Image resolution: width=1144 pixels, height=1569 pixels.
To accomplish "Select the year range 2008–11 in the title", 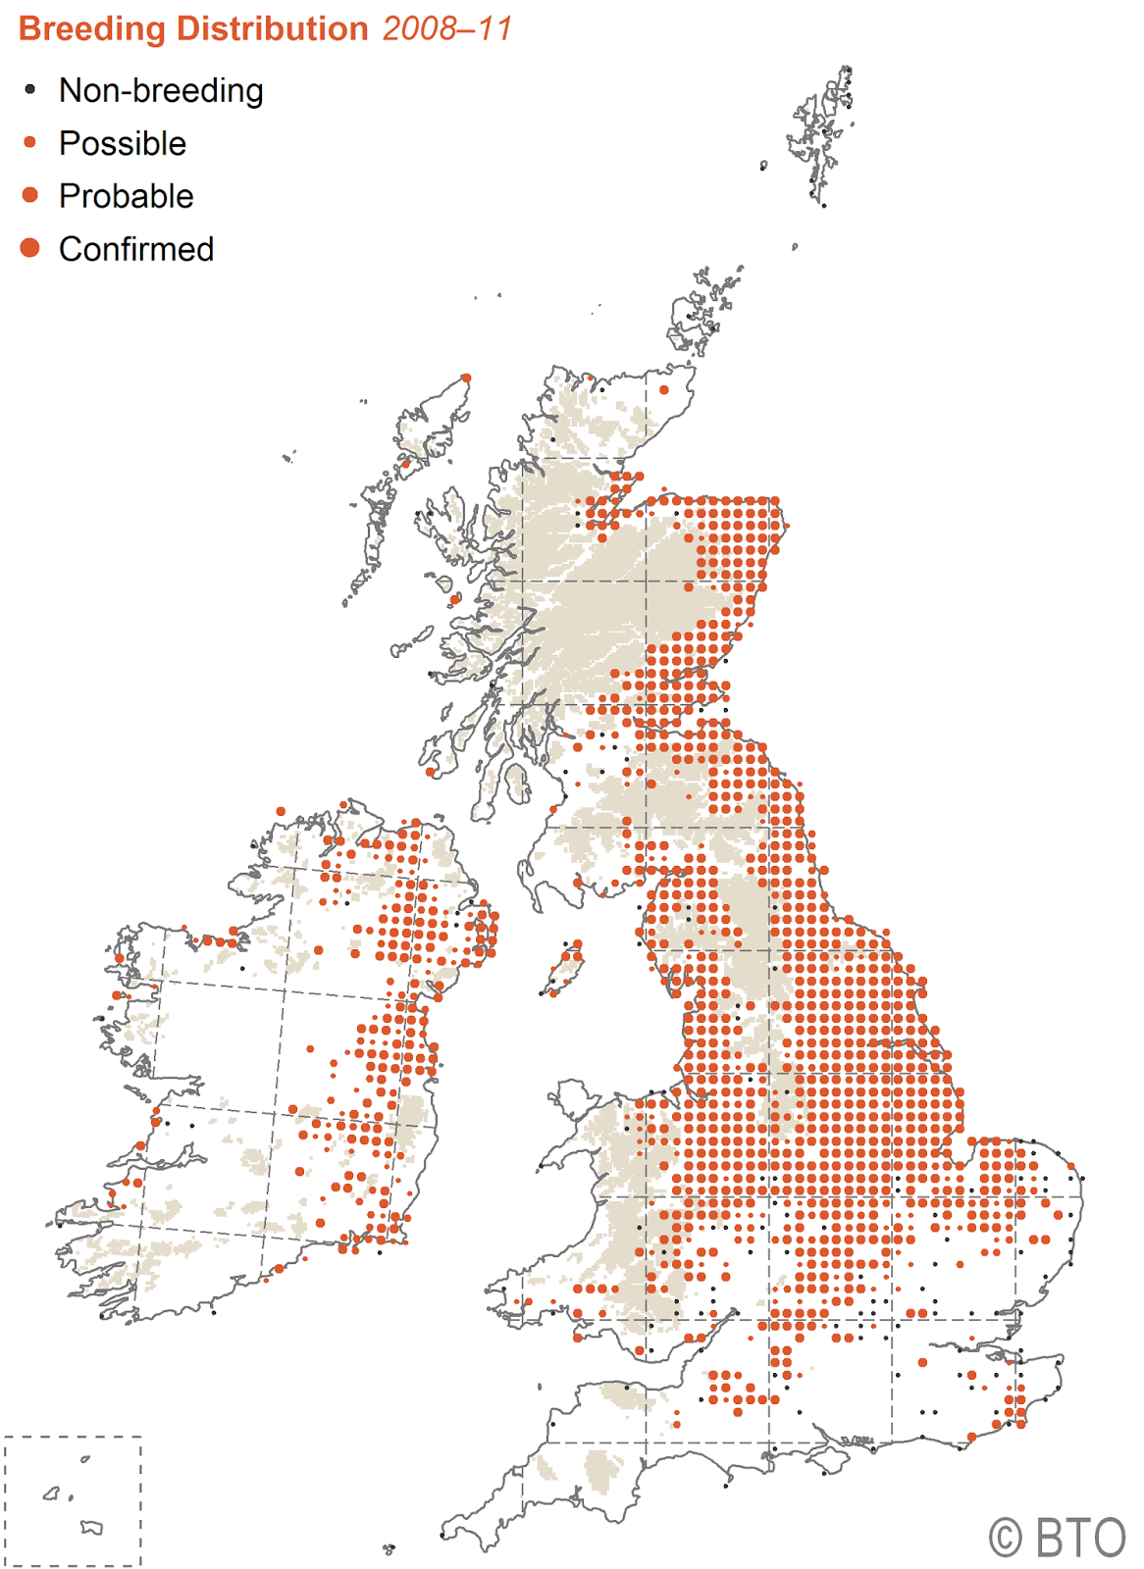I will [x=447, y=29].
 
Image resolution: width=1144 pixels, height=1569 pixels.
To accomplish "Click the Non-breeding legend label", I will [x=161, y=90].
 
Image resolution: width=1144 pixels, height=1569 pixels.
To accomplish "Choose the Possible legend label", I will [x=123, y=143].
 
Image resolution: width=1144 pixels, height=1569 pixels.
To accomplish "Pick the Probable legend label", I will [x=127, y=196].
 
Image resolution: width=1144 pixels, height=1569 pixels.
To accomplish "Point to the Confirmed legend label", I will [x=136, y=249].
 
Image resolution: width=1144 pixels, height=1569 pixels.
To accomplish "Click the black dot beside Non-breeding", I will [x=30, y=89].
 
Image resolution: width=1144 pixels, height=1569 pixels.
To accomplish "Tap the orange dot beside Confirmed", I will [x=30, y=248].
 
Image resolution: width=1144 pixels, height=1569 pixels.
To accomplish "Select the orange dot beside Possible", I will [x=30, y=142].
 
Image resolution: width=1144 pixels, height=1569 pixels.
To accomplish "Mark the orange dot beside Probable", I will [x=30, y=195].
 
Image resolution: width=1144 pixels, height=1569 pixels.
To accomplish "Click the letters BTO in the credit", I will [x=1081, y=1538].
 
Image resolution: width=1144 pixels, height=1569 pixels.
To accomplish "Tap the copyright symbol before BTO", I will [x=1006, y=1538].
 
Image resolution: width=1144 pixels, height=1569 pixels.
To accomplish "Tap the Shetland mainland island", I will [x=822, y=137].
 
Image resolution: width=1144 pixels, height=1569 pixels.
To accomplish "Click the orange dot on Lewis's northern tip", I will [x=466, y=378].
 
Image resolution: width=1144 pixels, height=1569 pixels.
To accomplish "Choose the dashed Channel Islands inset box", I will [x=73, y=1500].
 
